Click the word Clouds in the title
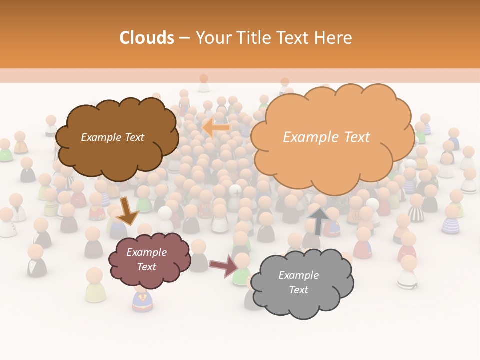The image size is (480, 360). (146, 38)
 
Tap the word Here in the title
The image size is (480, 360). (333, 38)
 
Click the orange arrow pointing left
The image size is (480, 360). (216, 127)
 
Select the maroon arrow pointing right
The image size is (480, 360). (223, 265)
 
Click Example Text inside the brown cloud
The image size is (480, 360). (112, 137)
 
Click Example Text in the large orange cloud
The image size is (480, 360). (326, 137)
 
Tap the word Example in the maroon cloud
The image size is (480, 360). (146, 252)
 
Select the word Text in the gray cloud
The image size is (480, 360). (298, 290)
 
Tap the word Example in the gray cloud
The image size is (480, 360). (298, 275)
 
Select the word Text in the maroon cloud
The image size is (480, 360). (146, 267)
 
